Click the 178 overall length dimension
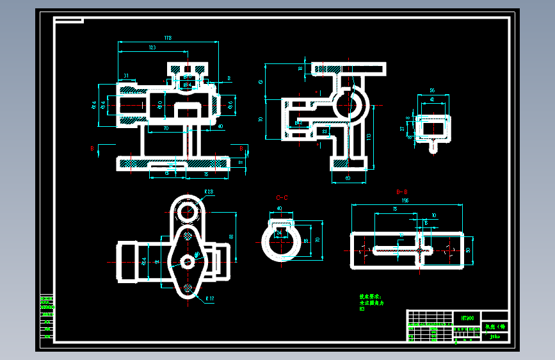pyautogui.click(x=168, y=39)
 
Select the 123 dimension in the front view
pyautogui.click(x=152, y=48)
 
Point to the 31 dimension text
pyautogui.click(x=126, y=76)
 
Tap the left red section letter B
pyautogui.click(x=92, y=149)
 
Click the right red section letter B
pyautogui.click(x=241, y=149)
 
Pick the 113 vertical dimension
pyautogui.click(x=369, y=136)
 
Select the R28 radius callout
pyautogui.click(x=209, y=192)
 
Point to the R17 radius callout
pyautogui.click(x=209, y=299)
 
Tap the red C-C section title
pyautogui.click(x=282, y=198)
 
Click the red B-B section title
pyautogui.click(x=403, y=192)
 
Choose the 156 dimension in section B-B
pyautogui.click(x=405, y=201)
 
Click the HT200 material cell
pyautogui.click(x=467, y=317)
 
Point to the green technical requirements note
pyautogui.click(x=369, y=302)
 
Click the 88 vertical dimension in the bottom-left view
pyautogui.click(x=232, y=236)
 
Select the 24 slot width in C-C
pyautogui.click(x=279, y=233)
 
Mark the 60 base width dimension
pyautogui.click(x=348, y=178)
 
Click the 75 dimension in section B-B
pyautogui.click(x=395, y=209)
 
